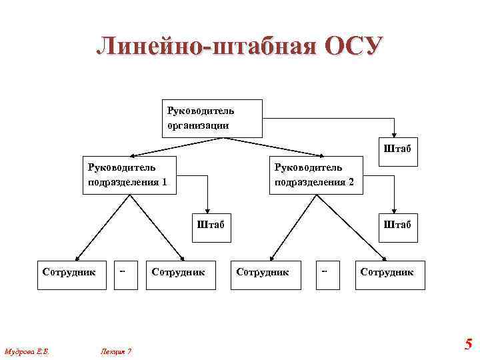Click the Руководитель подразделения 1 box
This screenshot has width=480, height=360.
pos(129,175)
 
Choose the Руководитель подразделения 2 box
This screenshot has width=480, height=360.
pos(316,175)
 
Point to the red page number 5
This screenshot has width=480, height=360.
pos(468,345)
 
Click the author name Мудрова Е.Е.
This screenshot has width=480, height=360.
pos(28,351)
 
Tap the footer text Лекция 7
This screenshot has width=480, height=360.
pos(115,351)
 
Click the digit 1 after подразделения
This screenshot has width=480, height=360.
pos(164,182)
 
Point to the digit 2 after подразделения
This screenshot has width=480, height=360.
pos(351,182)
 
